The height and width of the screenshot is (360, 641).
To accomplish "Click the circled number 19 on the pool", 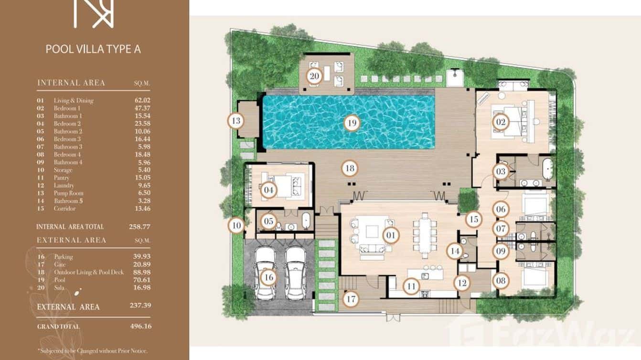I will [352, 123].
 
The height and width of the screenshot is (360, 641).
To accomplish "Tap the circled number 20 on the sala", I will [314, 75].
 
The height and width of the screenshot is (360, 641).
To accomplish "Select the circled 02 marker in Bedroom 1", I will [501, 122].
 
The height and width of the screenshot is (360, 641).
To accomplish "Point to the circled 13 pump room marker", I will [236, 121].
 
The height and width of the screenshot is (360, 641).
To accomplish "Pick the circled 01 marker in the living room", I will [390, 235].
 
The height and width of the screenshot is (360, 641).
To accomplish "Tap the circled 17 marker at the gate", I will [351, 299].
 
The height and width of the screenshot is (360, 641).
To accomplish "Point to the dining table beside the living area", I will [424, 233].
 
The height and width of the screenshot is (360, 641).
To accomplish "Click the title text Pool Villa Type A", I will [93, 49].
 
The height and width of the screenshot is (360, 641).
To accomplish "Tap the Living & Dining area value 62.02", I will [142, 100].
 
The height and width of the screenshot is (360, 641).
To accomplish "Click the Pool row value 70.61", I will [142, 280].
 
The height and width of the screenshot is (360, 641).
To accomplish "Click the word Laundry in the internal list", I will [64, 185].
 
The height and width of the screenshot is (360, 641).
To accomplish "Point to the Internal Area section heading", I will [71, 83].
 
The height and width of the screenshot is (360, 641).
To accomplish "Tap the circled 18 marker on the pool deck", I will [350, 168].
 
